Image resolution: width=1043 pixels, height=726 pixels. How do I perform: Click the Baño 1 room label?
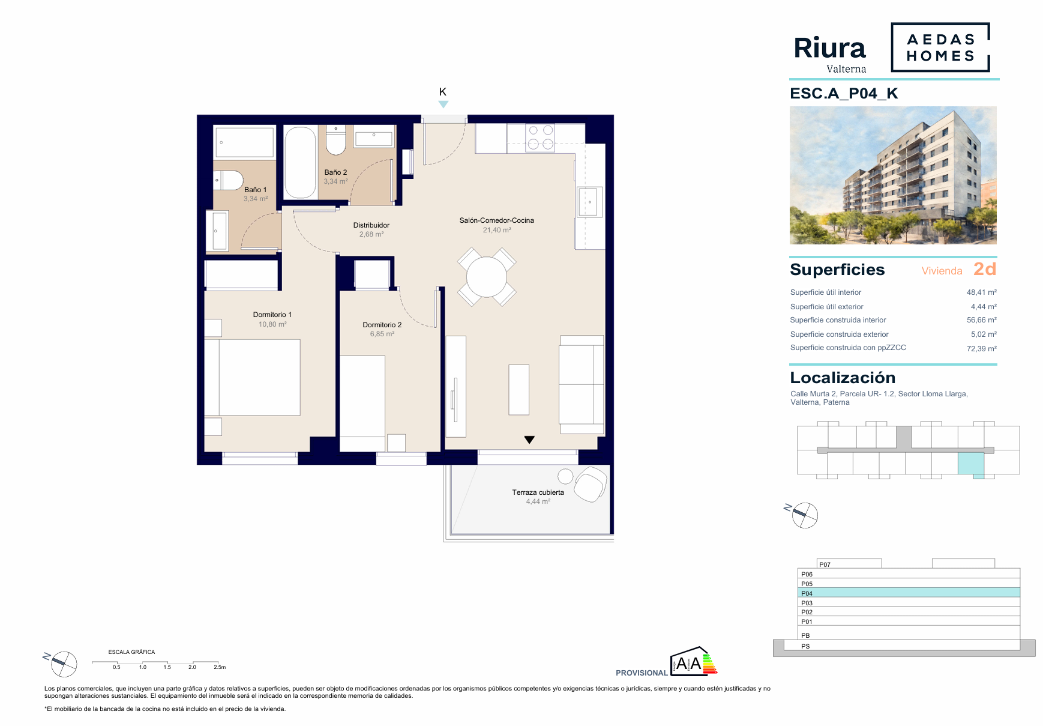(x=255, y=190)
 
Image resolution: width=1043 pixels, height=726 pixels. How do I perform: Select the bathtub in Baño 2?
(x=300, y=162)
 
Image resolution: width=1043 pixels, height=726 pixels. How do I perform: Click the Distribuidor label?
(x=371, y=225)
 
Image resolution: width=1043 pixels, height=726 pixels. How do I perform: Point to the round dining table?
(x=487, y=277)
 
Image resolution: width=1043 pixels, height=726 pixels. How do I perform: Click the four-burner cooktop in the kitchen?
(x=540, y=138)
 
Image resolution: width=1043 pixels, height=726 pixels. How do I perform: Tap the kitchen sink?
(x=589, y=202)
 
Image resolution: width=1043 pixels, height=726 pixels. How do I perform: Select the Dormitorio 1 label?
(x=272, y=315)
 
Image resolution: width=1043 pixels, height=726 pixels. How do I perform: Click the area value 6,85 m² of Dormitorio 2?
(x=382, y=334)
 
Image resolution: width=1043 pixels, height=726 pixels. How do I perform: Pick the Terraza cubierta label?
(x=538, y=492)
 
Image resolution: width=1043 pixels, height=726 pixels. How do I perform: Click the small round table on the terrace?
(x=565, y=476)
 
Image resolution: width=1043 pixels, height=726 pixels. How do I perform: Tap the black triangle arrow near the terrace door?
(x=529, y=440)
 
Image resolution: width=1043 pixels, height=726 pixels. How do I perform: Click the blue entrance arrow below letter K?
(x=443, y=104)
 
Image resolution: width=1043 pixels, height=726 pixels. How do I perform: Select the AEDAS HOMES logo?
(x=940, y=47)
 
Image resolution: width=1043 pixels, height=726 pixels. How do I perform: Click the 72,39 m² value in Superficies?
(x=981, y=348)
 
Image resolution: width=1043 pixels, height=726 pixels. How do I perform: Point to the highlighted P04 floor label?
(x=807, y=593)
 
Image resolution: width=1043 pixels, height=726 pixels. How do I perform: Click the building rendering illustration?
(x=893, y=175)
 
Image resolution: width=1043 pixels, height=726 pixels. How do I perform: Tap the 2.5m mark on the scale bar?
(x=220, y=667)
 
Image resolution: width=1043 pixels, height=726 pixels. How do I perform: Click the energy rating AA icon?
(x=694, y=661)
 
